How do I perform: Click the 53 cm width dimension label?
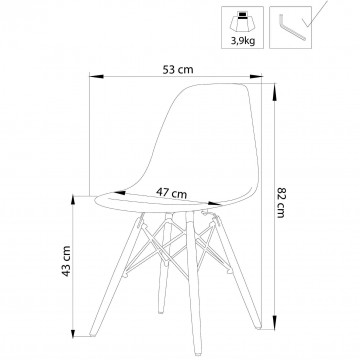coord(178,70)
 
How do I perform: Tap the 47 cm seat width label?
coord(172,193)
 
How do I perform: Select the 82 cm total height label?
coord(281,203)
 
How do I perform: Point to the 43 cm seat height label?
coord(67,261)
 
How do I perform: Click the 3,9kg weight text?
coord(243,41)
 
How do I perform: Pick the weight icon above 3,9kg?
coord(243,22)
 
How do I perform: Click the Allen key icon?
coord(292,27)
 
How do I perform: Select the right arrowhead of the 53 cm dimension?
coord(256,76)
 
